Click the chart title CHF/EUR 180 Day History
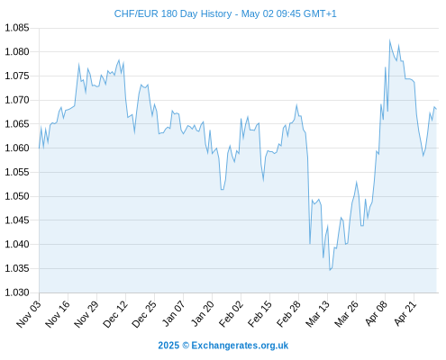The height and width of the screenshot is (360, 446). [173, 13]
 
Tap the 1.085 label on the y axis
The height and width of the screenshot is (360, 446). [17, 28]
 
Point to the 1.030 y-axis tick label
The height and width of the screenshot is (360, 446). [17, 292]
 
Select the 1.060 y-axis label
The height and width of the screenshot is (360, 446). [17, 148]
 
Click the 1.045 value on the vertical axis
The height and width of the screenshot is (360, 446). [17, 220]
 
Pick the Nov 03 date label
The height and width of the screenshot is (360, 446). [29, 314]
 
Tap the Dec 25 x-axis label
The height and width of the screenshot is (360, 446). [144, 314]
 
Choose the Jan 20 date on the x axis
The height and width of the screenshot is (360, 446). [203, 314]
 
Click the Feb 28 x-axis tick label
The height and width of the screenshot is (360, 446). [289, 314]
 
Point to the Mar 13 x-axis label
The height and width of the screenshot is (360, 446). [318, 314]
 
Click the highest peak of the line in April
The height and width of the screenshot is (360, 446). [390, 40]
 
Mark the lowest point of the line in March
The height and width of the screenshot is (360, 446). [330, 270]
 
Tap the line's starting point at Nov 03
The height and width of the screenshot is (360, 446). [39, 148]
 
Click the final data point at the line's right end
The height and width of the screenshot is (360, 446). [436, 109]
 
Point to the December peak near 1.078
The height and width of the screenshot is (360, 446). [119, 60]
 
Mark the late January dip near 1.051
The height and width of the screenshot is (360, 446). [222, 190]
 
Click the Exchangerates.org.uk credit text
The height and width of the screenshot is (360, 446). [240, 346]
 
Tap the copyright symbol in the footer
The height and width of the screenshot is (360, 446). [186, 346]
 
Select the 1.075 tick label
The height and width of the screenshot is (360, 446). [17, 76]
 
